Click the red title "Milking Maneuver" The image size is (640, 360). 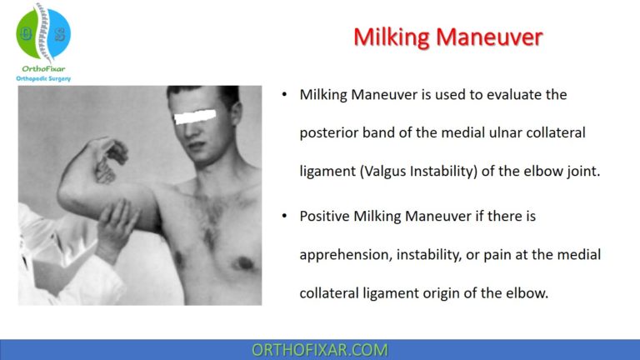(x=447, y=37)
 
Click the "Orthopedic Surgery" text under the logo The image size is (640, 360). (x=43, y=78)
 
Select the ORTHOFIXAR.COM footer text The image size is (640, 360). (x=320, y=349)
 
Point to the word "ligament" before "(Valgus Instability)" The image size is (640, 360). (x=327, y=172)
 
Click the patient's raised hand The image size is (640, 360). (x=106, y=158)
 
